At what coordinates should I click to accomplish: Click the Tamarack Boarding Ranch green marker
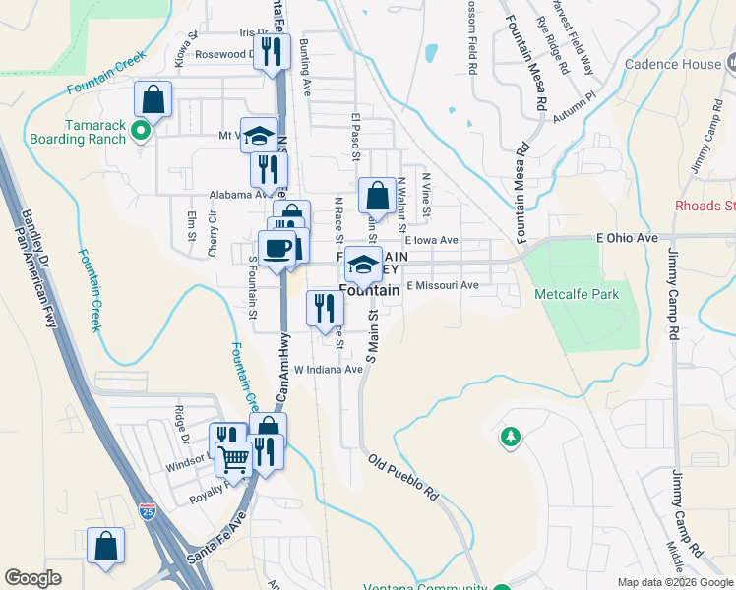141,128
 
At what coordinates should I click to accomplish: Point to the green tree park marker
510,436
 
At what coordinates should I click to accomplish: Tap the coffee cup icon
276,248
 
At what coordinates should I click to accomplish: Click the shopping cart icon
233,457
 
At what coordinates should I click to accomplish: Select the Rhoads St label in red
705,206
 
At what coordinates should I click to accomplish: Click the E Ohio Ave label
627,238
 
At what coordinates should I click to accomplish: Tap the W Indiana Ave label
328,370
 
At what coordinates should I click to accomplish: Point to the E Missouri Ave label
442,285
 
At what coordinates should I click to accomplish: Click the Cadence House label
674,64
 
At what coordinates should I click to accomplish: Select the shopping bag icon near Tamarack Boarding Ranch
153,98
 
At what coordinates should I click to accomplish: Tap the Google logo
32,577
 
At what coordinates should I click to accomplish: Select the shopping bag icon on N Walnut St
377,195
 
